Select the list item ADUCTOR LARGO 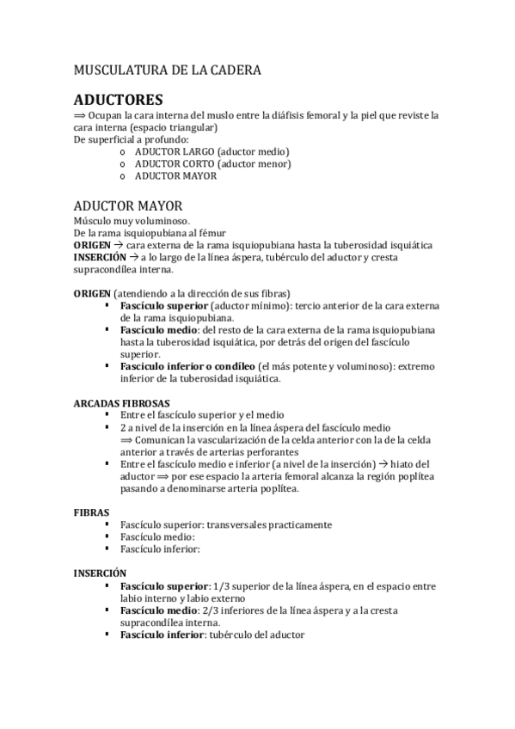[175, 151]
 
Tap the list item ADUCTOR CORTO [175, 163]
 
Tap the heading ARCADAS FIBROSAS [121, 402]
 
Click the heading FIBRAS [91, 512]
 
